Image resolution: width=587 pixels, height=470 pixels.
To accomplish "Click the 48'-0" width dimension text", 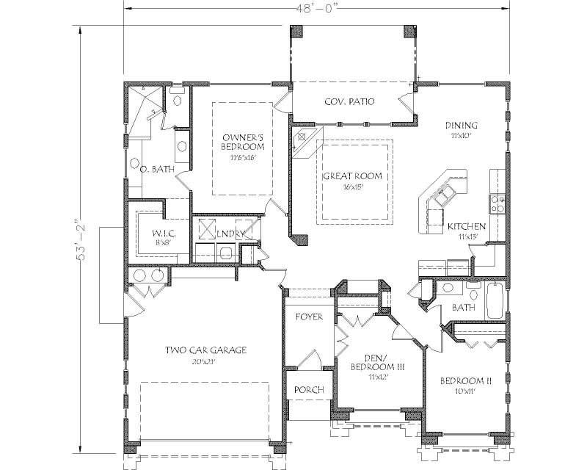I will pos(318,9).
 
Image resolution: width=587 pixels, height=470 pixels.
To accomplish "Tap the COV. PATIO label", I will pos(349,101).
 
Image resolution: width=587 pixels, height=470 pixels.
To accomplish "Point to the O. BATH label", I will pos(157,169).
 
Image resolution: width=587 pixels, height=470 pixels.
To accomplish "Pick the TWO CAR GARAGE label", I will pos(205,350).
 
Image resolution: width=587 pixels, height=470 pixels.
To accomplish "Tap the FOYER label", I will pos(309,317).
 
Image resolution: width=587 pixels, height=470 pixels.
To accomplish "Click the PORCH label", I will pos(309,389).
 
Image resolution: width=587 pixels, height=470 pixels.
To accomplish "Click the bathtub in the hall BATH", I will pos(495,300).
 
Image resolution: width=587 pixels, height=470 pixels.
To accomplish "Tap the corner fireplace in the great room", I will pos(302,142).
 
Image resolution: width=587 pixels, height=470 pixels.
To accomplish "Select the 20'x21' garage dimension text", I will pos(205,361).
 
